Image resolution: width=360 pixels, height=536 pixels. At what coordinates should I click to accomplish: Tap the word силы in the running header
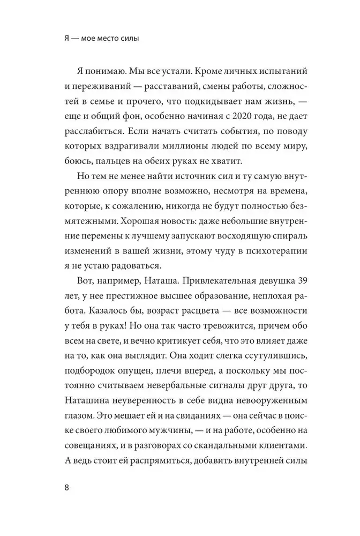pyautogui.click(x=135, y=40)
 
